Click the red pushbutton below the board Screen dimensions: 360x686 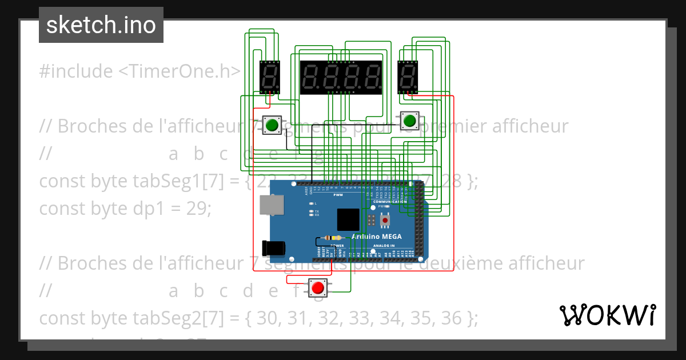(317, 287)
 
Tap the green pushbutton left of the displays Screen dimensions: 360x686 (272, 125)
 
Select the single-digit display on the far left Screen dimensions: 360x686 (269, 78)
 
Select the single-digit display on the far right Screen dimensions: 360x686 (408, 77)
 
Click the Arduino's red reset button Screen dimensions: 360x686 (385, 220)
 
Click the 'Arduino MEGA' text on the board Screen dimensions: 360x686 (376, 237)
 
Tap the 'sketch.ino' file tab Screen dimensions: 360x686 (101, 25)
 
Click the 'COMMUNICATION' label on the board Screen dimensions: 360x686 (389, 202)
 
